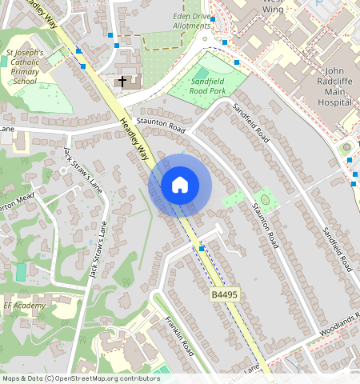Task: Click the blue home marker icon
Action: (x=180, y=185)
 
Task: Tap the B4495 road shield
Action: (x=225, y=295)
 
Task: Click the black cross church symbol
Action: (x=122, y=81)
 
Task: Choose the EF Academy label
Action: (x=24, y=306)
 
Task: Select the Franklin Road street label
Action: (x=180, y=335)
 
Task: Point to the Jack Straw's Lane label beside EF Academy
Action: (x=98, y=250)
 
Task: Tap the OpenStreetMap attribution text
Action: (x=81, y=378)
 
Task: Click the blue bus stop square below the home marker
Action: (x=202, y=249)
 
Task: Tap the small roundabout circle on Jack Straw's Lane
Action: (x=62, y=170)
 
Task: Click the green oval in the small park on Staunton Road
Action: (x=264, y=198)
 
